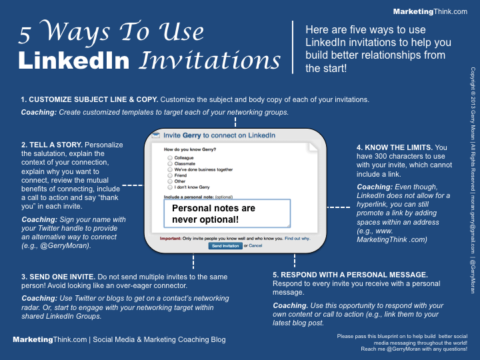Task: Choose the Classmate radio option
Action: tap(170, 164)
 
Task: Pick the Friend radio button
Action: tap(170, 175)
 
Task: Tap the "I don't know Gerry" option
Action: tap(170, 187)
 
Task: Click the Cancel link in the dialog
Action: tap(256, 246)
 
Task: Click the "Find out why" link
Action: tap(297, 237)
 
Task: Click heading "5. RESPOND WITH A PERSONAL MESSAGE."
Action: tap(350, 275)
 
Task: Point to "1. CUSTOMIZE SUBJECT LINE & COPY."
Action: tap(89, 99)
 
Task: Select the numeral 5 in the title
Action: tap(26, 32)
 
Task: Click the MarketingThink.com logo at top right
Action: tap(431, 11)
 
